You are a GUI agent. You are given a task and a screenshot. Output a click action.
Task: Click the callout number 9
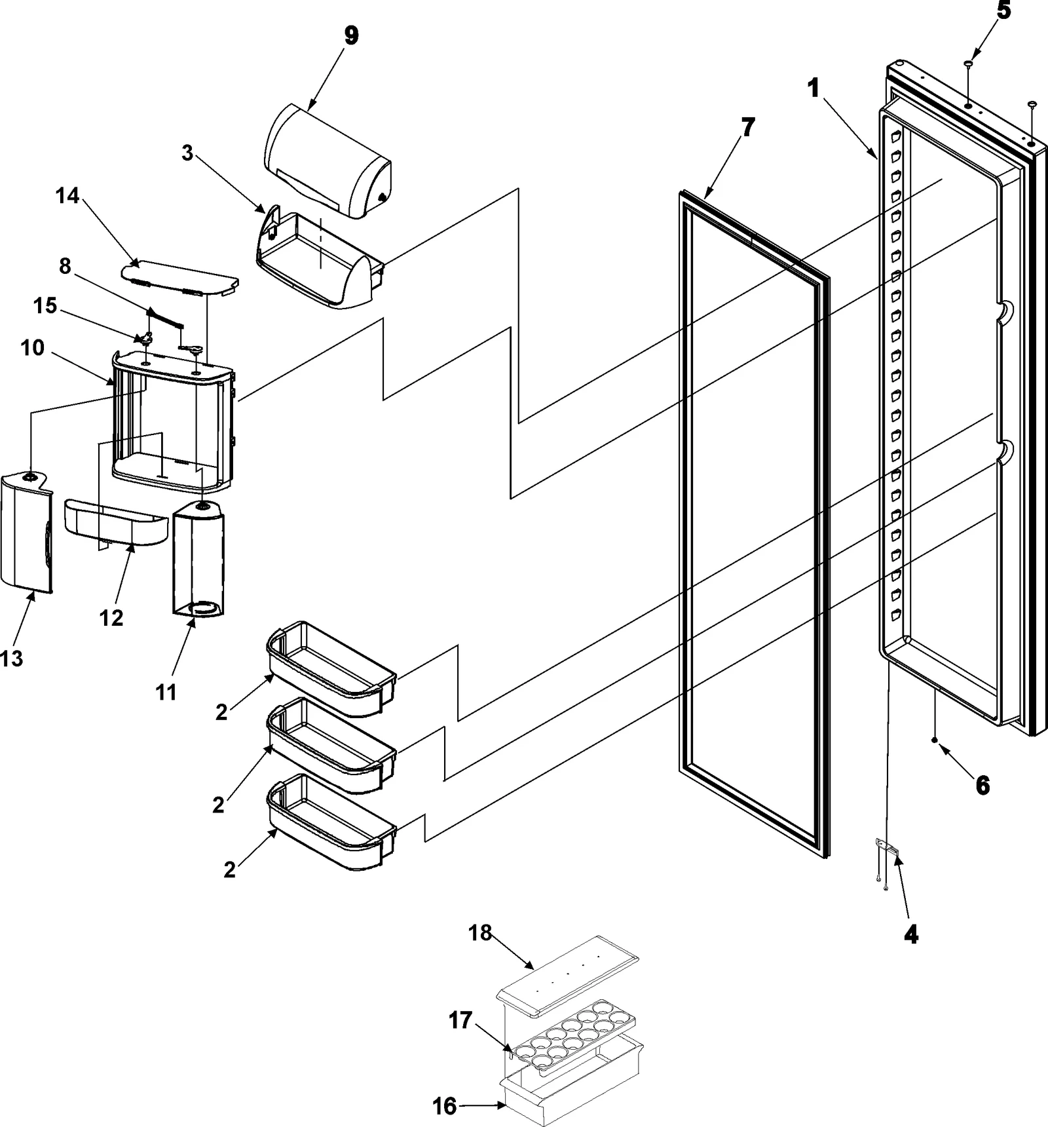coord(352,35)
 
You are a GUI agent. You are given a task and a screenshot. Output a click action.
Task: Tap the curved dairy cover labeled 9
coord(327,160)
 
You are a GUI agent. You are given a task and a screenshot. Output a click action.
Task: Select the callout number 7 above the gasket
coord(748,128)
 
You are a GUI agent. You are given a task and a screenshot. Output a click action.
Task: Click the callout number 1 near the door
coord(814,88)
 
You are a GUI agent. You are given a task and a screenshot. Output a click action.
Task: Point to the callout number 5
coord(1004,11)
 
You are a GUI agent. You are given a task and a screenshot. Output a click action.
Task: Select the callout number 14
coord(68,195)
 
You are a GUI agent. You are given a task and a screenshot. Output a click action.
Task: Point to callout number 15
coord(45,306)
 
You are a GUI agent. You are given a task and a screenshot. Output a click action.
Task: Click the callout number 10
coord(32,348)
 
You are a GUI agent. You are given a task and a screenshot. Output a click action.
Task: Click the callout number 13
coord(11,658)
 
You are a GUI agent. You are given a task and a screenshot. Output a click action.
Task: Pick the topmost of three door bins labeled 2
coord(331,668)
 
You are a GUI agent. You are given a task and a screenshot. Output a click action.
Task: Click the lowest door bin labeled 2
coord(331,822)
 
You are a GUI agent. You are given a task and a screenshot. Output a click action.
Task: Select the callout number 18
coord(480,932)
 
